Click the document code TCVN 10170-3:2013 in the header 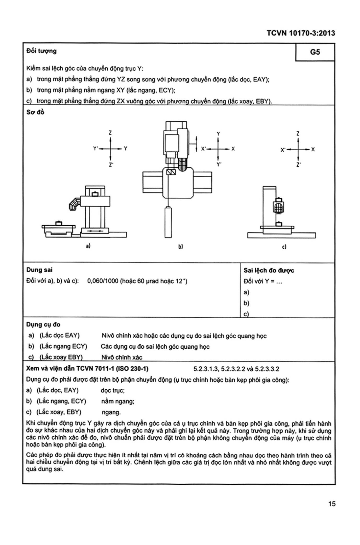(301, 33)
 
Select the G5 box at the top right (315, 52)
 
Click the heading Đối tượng (41, 51)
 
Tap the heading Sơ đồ (35, 112)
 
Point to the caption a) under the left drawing (88, 246)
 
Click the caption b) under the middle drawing (181, 246)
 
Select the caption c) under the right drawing (284, 247)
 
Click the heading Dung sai (39, 270)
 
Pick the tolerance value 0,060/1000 (103, 281)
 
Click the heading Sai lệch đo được (269, 270)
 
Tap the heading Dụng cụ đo (43, 325)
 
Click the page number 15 (332, 504)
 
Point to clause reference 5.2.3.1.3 (205, 369)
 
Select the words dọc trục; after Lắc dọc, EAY (113, 390)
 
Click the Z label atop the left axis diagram (110, 133)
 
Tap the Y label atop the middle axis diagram (218, 134)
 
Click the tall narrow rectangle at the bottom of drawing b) (168, 222)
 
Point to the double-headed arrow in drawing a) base (95, 231)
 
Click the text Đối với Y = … (263, 281)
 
